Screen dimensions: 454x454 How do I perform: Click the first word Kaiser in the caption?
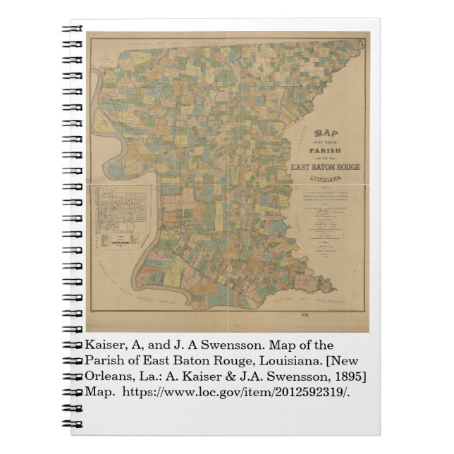coord(106,345)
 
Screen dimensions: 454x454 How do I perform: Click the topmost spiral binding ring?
coord(72,30)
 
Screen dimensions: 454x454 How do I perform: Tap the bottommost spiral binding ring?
coord(72,425)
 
